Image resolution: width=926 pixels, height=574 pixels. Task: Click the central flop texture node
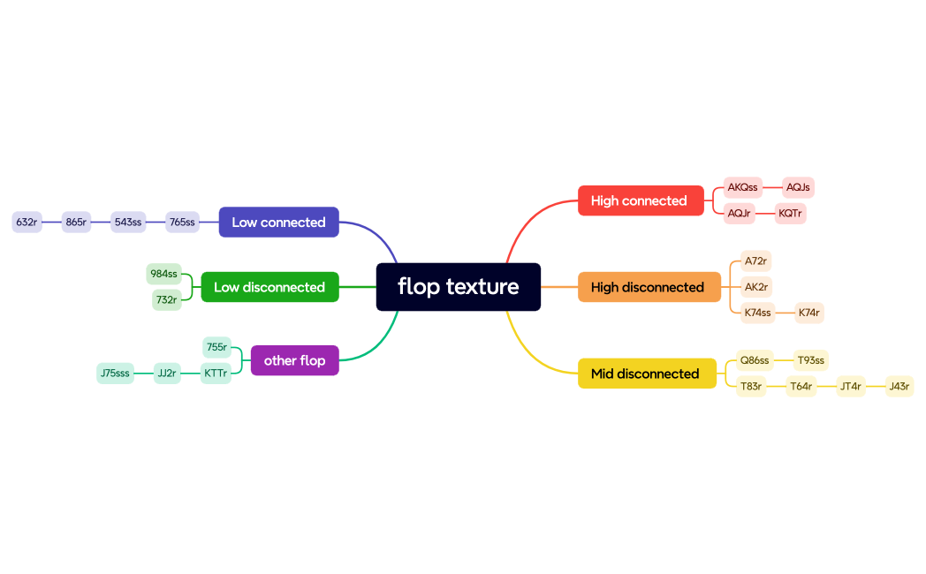(458, 287)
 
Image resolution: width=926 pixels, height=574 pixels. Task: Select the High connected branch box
(640, 200)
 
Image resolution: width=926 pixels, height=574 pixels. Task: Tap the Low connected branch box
(278, 223)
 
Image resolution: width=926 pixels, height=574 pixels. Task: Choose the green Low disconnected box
(269, 287)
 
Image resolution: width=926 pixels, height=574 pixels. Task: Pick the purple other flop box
(294, 360)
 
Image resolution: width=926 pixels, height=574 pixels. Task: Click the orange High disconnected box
(649, 287)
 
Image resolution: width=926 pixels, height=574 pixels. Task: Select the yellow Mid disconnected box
(646, 374)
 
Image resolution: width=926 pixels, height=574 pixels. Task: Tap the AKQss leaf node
(742, 187)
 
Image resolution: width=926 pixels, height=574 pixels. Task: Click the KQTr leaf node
(791, 214)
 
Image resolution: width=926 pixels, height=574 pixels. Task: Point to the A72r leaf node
(755, 261)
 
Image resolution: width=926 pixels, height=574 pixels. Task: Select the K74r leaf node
(809, 313)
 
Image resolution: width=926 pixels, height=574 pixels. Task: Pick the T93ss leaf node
(810, 360)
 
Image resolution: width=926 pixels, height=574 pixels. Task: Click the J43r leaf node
(899, 386)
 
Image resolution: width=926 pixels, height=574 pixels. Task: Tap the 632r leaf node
(27, 223)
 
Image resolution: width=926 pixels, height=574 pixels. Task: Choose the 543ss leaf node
(128, 223)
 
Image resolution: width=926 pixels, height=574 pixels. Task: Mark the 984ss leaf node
(163, 274)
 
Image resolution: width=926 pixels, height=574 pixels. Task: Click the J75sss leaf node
(115, 374)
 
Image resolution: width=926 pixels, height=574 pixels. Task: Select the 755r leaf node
(216, 347)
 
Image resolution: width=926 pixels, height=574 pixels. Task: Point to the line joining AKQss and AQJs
(773, 187)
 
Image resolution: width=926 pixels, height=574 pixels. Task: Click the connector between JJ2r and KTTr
(191, 374)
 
